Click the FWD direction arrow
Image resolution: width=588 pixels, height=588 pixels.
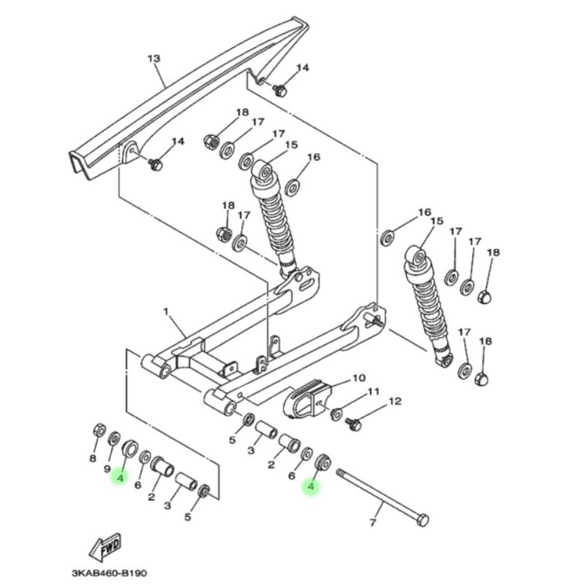[x=105, y=546]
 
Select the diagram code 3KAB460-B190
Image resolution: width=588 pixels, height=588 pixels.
[x=110, y=573]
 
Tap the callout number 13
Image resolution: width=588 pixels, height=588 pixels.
[x=153, y=58]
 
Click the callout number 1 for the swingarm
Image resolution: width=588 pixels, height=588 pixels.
[x=166, y=312]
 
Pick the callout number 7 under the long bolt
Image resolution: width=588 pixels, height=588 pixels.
[x=372, y=522]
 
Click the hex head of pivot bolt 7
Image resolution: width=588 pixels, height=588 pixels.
[x=422, y=520]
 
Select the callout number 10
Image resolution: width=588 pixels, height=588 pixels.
[x=359, y=377]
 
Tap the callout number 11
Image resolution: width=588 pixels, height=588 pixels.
[x=373, y=392]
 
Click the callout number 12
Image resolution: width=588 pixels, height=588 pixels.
[x=395, y=402]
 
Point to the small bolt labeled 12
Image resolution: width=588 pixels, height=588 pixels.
[x=354, y=424]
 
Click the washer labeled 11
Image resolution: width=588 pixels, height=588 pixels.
[x=336, y=414]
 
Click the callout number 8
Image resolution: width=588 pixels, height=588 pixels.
[x=92, y=458]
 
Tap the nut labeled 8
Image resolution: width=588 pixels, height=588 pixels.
[x=99, y=430]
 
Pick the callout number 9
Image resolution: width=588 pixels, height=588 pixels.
[x=107, y=469]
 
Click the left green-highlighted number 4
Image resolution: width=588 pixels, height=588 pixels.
[x=120, y=477]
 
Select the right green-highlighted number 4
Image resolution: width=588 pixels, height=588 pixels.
[x=310, y=486]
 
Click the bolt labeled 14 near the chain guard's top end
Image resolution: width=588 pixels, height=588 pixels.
[x=280, y=90]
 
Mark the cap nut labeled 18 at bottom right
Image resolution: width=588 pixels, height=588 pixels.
[x=483, y=379]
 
